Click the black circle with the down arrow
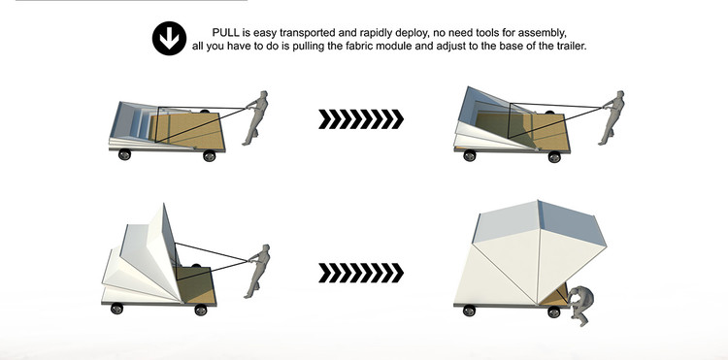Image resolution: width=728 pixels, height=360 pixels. click(170, 39)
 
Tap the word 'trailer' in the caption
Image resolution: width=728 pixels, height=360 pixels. click(572, 47)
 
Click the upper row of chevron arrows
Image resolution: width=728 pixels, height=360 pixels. click(361, 119)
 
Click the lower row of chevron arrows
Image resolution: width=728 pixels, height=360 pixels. click(361, 273)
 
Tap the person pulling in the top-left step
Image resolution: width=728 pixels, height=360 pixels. click(255, 117)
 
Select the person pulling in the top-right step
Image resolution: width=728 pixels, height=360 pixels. click(612, 117)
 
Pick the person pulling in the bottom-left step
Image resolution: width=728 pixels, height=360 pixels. click(258, 271)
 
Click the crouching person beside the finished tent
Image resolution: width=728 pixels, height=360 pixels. click(579, 306)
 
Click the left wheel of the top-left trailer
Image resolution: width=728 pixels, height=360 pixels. click(124, 154)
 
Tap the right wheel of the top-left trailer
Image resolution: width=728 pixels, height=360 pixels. click(210, 156)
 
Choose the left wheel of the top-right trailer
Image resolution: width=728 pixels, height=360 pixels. click(470, 155)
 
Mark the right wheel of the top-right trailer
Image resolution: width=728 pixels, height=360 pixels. click(554, 157)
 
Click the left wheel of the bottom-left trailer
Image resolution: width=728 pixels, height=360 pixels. click(116, 309)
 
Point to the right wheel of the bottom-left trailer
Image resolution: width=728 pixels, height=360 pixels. click(201, 310)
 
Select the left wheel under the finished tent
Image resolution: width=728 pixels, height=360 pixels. click(469, 311)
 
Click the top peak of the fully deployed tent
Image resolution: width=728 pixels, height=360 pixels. click(538, 201)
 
